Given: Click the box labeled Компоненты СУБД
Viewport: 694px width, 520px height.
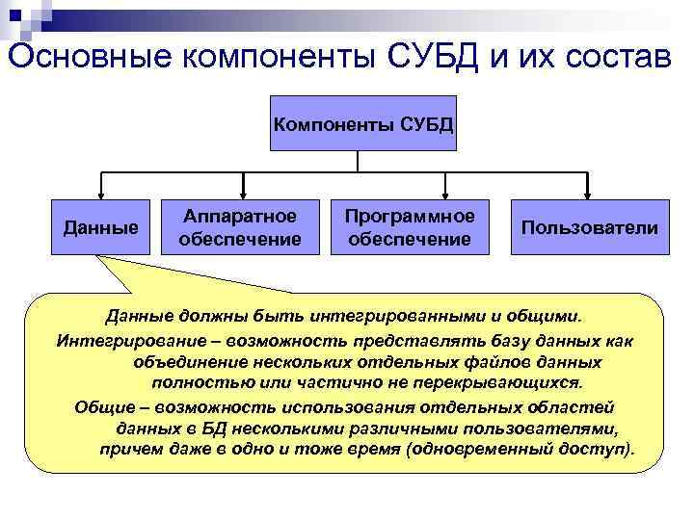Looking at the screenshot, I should tap(363, 124).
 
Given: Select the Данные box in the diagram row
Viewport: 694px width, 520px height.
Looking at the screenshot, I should tap(100, 228).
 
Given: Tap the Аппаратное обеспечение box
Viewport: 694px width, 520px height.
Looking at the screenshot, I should tap(240, 228).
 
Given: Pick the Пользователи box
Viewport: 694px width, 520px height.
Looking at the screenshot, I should tap(589, 228).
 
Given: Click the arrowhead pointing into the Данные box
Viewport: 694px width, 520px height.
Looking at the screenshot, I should tap(100, 193).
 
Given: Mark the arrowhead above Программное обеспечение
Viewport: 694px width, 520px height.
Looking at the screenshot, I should tap(443, 193).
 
